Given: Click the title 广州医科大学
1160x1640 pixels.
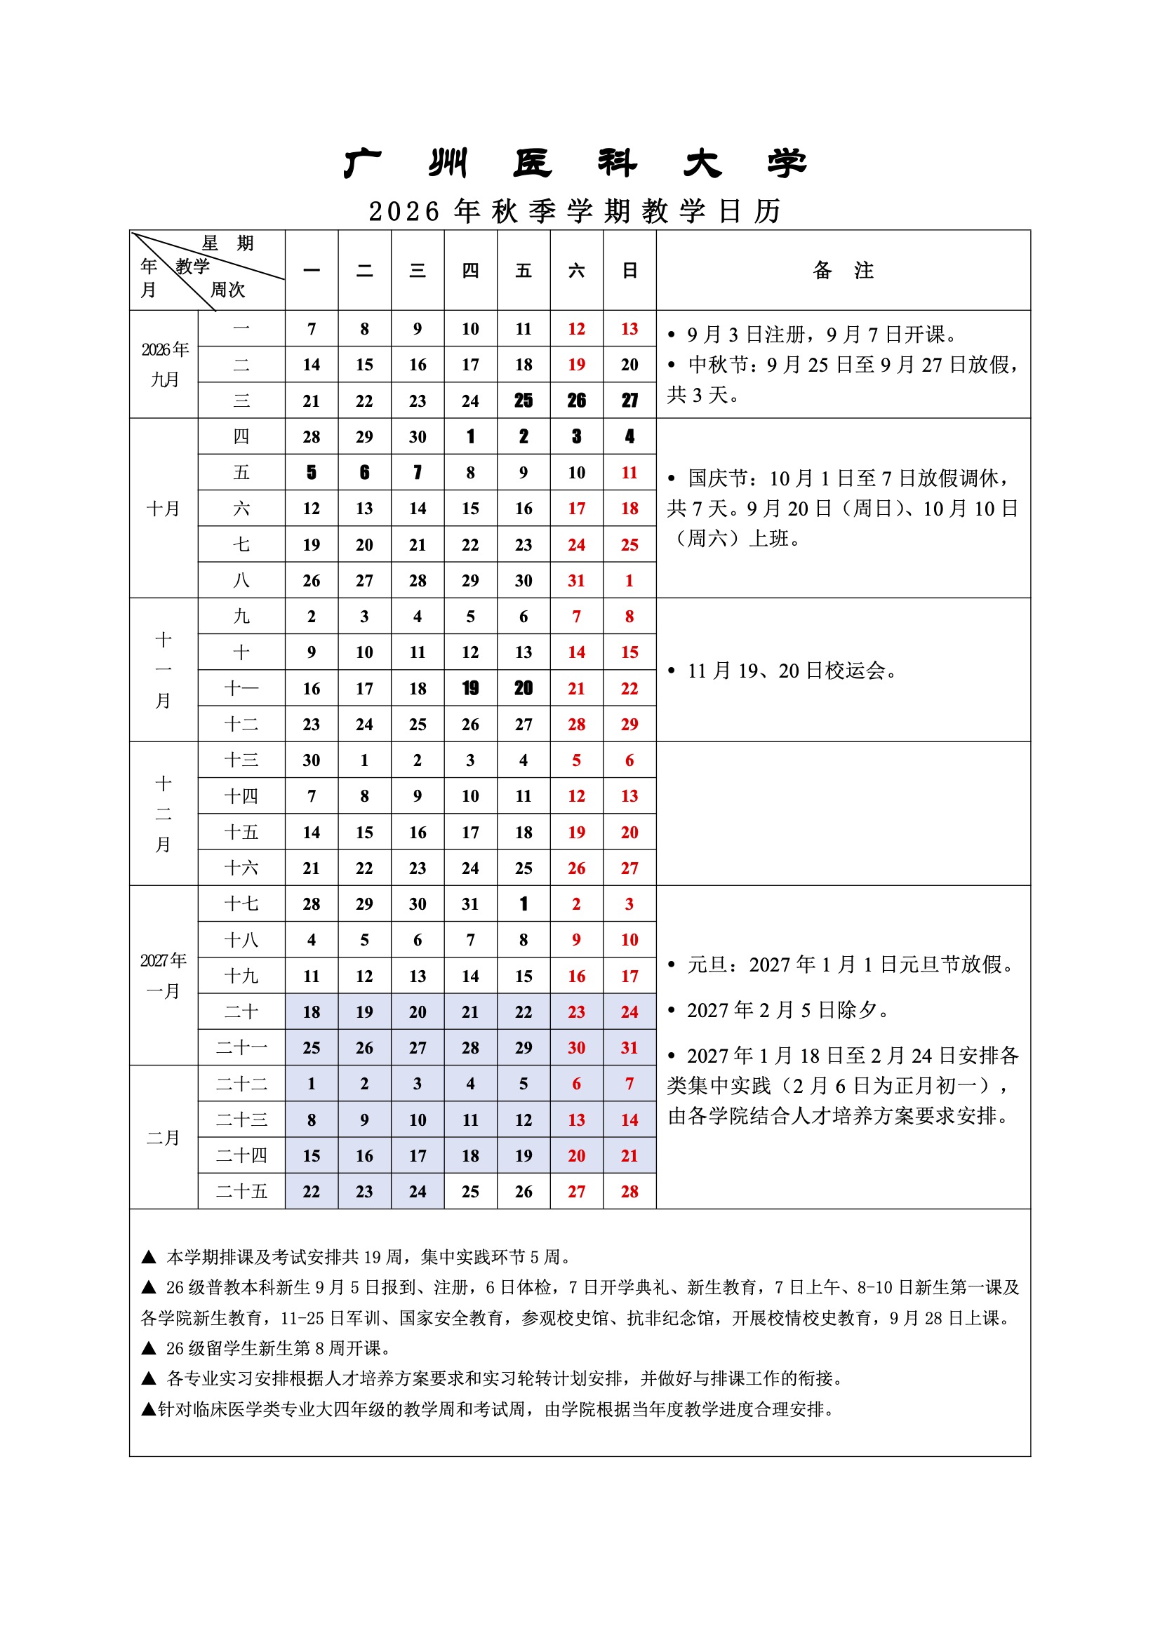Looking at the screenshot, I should (575, 163).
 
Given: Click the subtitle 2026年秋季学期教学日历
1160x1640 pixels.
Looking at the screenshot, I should (575, 211).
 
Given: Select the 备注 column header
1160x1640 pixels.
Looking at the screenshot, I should (843, 270).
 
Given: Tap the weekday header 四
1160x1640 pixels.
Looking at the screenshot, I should (470, 271).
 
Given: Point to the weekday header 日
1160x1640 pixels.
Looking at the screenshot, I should (629, 271).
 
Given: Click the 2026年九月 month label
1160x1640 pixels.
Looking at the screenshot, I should (164, 364).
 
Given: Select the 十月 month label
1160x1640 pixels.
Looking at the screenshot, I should (164, 509).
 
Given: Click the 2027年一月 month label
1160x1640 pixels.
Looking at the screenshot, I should (164, 975).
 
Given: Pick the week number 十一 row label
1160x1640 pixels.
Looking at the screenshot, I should (241, 689).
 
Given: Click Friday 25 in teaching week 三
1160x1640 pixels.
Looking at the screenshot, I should (524, 401).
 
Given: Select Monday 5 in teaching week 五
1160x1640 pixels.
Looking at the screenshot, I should (312, 473).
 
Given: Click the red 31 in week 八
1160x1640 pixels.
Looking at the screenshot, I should (576, 581).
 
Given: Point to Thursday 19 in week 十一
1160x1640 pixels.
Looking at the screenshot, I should (470, 689).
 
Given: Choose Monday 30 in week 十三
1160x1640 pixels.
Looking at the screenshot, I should (312, 760).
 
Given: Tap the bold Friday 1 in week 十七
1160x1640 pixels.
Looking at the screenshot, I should (524, 904).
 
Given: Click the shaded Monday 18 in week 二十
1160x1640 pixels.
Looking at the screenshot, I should (312, 1012).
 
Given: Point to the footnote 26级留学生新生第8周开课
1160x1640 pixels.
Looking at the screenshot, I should (279, 1349).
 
